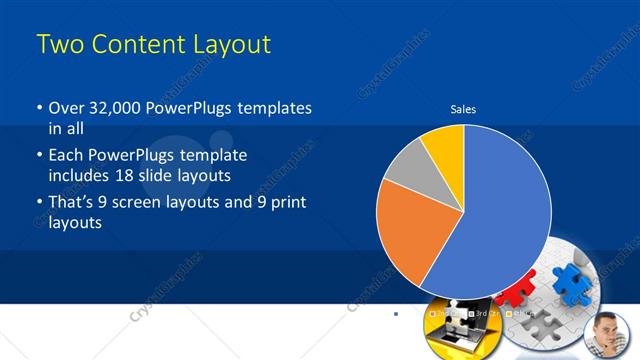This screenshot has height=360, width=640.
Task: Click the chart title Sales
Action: coord(463,109)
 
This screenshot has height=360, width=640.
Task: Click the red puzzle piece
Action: coord(515,294)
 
